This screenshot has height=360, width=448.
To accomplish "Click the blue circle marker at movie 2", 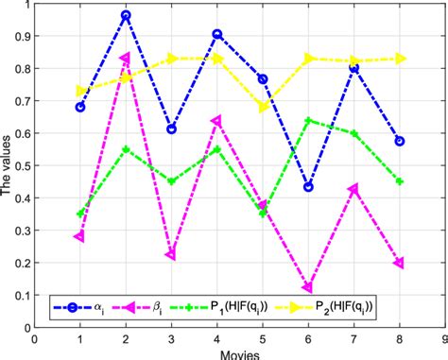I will [126, 16].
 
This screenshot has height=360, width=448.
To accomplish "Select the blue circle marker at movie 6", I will [308, 187].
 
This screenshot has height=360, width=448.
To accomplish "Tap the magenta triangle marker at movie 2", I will [126, 59].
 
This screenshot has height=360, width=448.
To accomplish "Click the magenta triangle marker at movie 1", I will [80, 237].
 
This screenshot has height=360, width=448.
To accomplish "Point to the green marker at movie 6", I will [308, 120].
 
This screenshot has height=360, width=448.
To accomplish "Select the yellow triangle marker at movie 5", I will [263, 107].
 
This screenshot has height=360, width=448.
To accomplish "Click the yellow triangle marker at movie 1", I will [80, 91].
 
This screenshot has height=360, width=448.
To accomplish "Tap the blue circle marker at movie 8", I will [399, 141].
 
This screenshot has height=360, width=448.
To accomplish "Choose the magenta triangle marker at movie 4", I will [217, 121].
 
